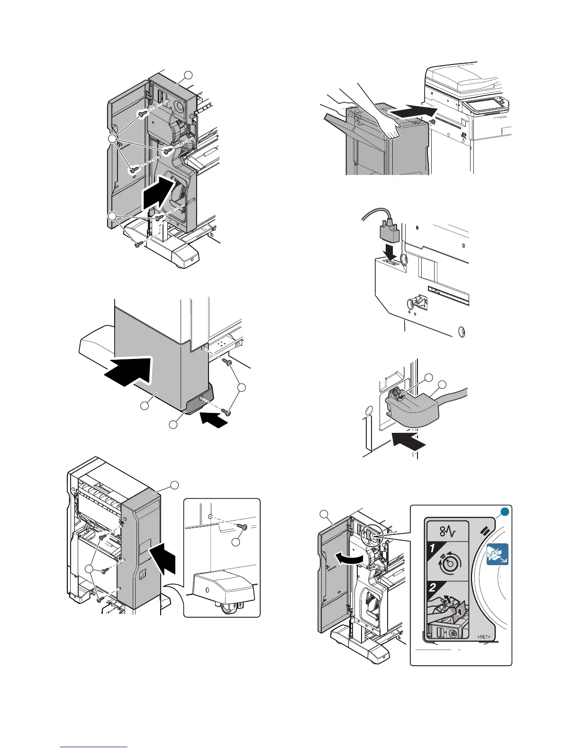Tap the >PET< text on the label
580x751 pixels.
(482, 637)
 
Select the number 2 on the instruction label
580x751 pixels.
(433, 588)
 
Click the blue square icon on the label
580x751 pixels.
(498, 554)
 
